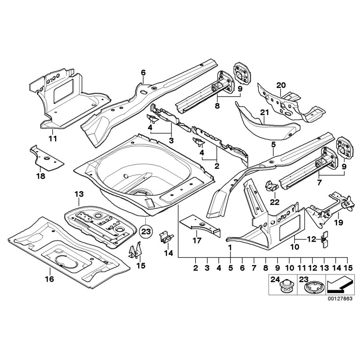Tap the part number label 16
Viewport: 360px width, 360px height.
[49, 279]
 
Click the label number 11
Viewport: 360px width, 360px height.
[53, 138]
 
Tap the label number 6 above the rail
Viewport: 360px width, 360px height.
[143, 72]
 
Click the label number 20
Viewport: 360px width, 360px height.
[281, 85]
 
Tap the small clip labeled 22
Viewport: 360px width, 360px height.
[272, 185]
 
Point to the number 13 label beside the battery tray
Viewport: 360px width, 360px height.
[79, 194]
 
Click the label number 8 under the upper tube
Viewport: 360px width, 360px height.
[217, 107]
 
